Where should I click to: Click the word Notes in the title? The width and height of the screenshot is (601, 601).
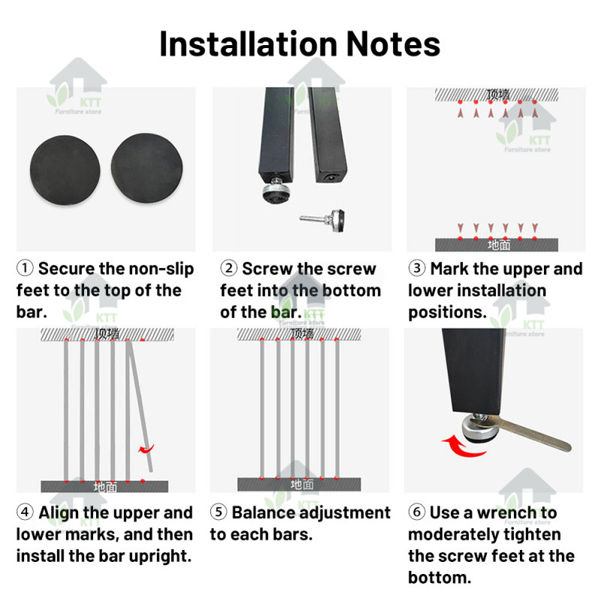(393, 44)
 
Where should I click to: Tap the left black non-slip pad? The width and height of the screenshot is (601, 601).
(65, 171)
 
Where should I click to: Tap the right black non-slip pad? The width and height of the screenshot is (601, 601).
(146, 168)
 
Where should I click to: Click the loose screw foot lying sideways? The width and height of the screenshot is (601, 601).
(322, 220)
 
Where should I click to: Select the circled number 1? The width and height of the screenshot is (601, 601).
(25, 268)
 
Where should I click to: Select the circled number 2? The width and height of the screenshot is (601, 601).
(229, 268)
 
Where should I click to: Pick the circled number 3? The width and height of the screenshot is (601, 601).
(417, 268)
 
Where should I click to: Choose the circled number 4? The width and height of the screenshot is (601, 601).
(25, 512)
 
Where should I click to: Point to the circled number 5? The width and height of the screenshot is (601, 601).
(219, 512)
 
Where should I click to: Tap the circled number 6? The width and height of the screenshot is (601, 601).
(417, 512)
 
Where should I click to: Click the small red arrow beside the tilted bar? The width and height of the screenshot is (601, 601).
(146, 448)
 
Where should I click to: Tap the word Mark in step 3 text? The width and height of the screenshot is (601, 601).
(449, 268)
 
